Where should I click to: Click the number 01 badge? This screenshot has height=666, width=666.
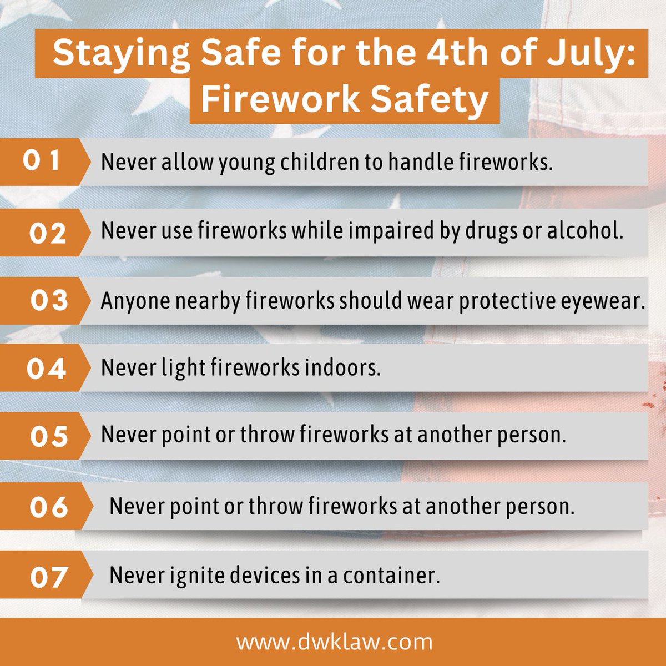pyautogui.click(x=42, y=161)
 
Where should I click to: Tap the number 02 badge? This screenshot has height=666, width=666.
pyautogui.click(x=48, y=233)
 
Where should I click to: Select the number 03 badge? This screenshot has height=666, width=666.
pyautogui.click(x=49, y=301)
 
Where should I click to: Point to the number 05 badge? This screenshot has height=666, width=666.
pyautogui.click(x=49, y=436)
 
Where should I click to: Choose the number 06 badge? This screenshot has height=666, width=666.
pyautogui.click(x=49, y=507)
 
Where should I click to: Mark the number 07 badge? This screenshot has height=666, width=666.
pyautogui.click(x=49, y=577)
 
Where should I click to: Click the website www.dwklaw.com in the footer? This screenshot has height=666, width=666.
pyautogui.click(x=334, y=642)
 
